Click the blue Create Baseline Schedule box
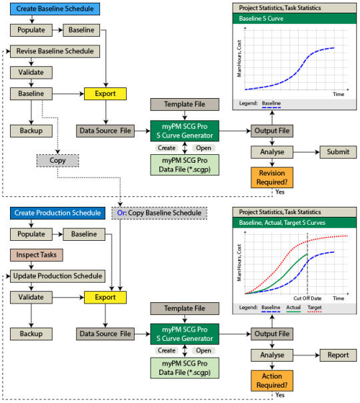click(x=55, y=9)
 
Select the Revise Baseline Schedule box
click(x=55, y=51)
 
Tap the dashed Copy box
click(x=57, y=160)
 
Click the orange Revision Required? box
click(x=272, y=177)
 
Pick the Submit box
click(x=338, y=152)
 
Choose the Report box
click(x=338, y=355)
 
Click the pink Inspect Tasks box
click(x=37, y=255)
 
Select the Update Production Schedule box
click(x=57, y=276)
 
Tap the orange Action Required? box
click(x=272, y=380)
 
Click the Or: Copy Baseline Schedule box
click(x=159, y=213)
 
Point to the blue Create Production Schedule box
click(x=57, y=213)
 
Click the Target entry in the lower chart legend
click(x=315, y=308)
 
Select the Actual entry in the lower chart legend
click(x=293, y=308)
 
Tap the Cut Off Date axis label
click(x=307, y=298)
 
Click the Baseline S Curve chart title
click(x=261, y=19)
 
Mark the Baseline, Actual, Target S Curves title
click(x=282, y=223)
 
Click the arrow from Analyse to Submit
click(x=307, y=152)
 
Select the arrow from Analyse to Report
click(x=307, y=355)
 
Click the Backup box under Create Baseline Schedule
click(x=31, y=131)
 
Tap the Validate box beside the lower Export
click(x=31, y=298)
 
